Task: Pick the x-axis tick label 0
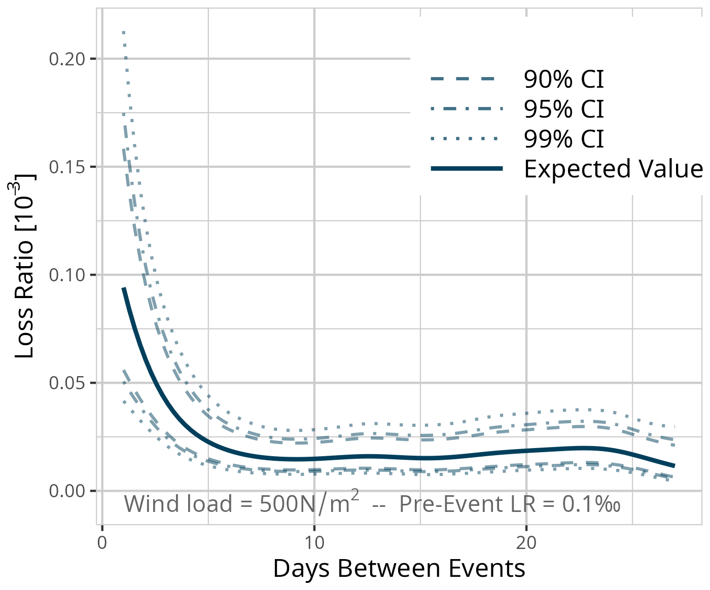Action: click(x=102, y=543)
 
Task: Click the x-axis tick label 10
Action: click(x=314, y=543)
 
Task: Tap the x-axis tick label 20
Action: click(x=526, y=543)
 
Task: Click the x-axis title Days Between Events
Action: click(x=399, y=569)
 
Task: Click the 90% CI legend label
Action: click(x=563, y=80)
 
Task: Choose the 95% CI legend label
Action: click(x=563, y=109)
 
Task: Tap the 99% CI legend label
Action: click(x=563, y=139)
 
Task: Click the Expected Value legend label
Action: click(x=613, y=169)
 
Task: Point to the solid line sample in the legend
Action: click(x=467, y=168)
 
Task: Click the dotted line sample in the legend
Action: click(x=467, y=138)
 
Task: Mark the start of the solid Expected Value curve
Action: click(x=123, y=288)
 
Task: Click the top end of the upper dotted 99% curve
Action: click(x=124, y=32)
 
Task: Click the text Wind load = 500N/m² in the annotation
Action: click(x=242, y=504)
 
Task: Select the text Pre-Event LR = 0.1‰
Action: click(x=510, y=504)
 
